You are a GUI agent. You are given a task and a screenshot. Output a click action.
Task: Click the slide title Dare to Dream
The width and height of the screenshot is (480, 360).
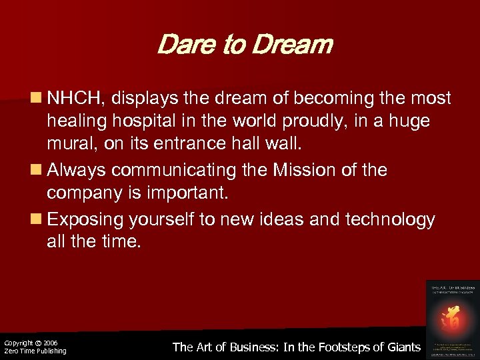(x=244, y=45)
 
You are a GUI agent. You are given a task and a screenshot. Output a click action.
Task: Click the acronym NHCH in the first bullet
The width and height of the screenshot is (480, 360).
(x=74, y=99)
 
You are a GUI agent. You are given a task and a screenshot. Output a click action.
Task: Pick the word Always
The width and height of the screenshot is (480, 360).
(x=75, y=170)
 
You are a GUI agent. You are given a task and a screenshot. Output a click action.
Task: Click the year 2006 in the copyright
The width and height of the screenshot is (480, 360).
(x=50, y=343)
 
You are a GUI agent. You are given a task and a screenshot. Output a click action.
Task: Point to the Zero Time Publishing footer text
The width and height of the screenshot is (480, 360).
(x=35, y=351)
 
